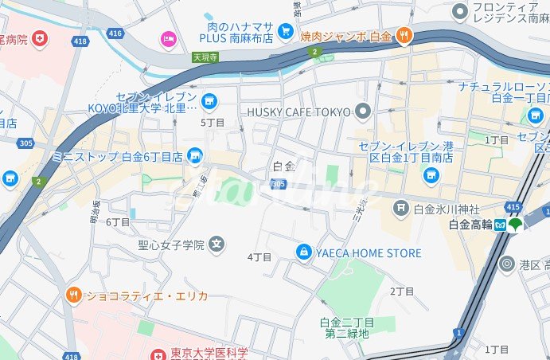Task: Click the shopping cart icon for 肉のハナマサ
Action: tap(285, 29)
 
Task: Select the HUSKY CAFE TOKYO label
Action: tap(298, 111)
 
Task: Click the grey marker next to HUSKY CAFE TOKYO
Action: tap(364, 111)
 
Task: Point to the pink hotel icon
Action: tap(168, 37)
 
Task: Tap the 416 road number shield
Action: tap(115, 33)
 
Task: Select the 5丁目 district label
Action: tap(213, 123)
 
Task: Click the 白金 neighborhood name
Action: tap(283, 166)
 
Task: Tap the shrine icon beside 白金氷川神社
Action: tap(400, 209)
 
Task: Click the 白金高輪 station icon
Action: tap(501, 225)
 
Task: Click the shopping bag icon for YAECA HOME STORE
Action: tap(303, 252)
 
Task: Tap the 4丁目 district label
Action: tap(259, 257)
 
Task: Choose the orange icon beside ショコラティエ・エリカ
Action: tap(74, 295)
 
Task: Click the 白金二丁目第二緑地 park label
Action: tap(346, 327)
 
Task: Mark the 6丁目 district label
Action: tap(118, 222)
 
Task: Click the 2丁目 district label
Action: tap(402, 292)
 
